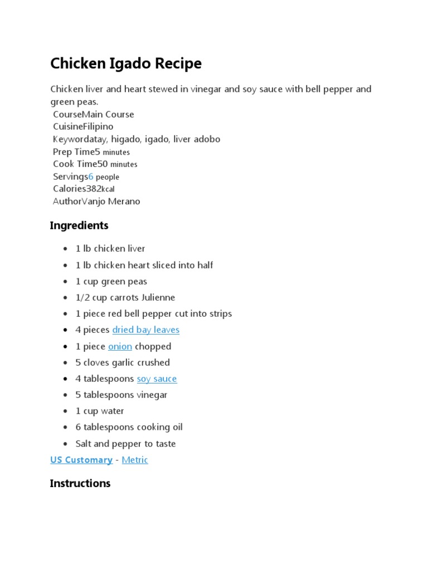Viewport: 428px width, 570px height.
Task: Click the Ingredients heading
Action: [79, 225]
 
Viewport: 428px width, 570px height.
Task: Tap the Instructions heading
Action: [80, 483]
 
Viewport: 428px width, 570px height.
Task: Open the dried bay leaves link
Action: [145, 330]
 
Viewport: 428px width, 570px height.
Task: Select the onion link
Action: [120, 346]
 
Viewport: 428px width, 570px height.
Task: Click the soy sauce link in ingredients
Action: [157, 379]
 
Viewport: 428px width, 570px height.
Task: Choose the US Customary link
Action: [81, 460]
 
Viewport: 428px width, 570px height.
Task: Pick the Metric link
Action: [135, 460]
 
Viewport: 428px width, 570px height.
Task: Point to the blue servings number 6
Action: [91, 176]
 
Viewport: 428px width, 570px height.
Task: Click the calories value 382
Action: [94, 189]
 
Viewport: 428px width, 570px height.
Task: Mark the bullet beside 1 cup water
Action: [66, 411]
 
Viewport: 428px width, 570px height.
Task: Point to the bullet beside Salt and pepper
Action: [66, 444]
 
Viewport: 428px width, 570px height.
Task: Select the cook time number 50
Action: [103, 164]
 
